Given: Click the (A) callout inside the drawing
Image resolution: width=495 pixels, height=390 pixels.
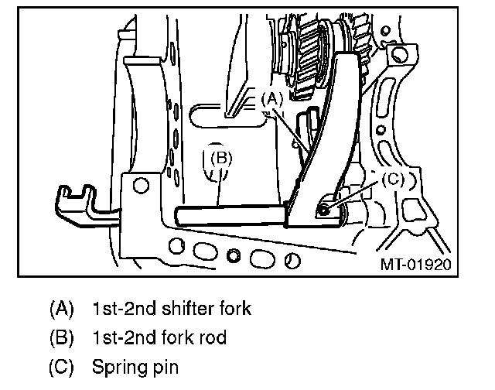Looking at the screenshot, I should coord(271,98).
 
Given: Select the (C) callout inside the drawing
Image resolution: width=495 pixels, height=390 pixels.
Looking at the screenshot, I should coord(393,180).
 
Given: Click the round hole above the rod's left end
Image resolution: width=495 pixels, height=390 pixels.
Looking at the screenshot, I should coord(140,186).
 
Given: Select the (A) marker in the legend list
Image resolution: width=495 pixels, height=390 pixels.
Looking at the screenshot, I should coord(61,309).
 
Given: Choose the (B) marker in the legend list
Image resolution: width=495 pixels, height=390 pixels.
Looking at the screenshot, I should coord(61,337).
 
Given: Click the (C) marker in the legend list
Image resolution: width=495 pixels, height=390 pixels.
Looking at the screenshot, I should coord(61,365).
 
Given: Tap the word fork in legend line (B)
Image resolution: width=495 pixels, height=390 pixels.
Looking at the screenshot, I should coord(175,337).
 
